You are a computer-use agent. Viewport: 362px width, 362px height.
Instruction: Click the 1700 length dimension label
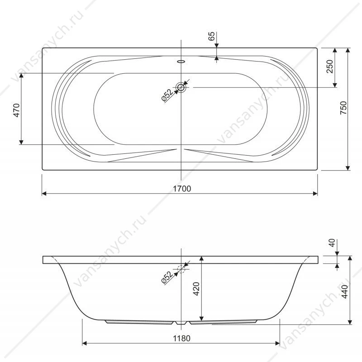[x=182, y=189]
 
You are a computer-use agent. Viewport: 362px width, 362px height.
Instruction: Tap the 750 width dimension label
[x=343, y=108]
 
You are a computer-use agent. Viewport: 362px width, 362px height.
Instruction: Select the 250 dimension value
[x=330, y=66]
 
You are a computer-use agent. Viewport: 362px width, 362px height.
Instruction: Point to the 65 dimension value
[x=211, y=36]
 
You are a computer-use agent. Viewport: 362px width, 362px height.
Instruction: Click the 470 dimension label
[x=17, y=110]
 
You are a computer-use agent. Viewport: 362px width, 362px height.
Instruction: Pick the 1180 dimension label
[x=182, y=338]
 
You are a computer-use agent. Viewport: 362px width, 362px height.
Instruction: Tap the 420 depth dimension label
[x=196, y=289]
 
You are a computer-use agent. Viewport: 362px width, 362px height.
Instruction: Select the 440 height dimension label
[x=344, y=291]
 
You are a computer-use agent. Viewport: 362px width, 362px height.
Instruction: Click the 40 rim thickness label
[x=332, y=243]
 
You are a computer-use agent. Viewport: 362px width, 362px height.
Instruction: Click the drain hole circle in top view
[x=181, y=87]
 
